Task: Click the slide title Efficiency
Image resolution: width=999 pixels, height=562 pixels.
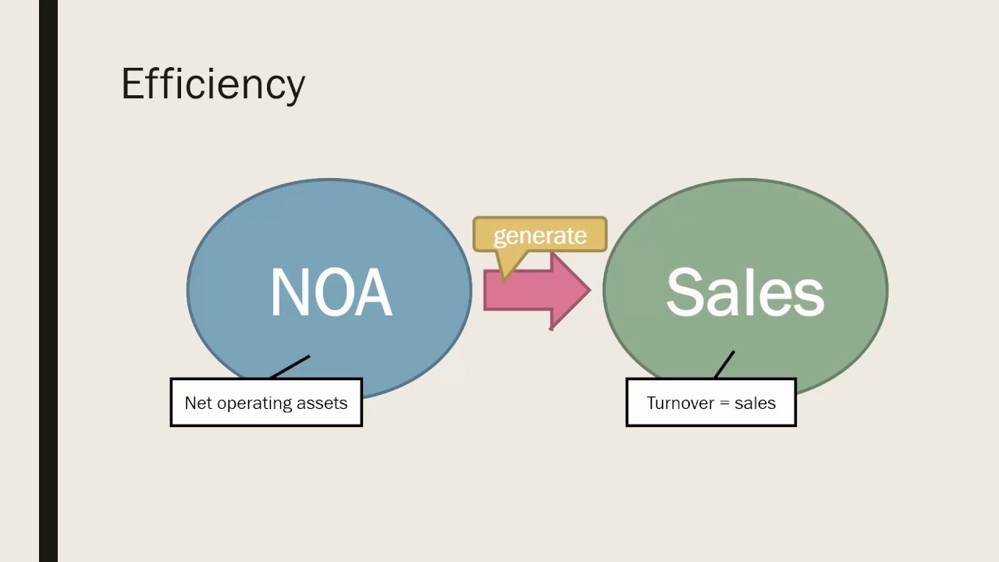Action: tap(212, 84)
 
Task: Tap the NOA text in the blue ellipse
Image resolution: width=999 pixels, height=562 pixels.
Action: tap(331, 293)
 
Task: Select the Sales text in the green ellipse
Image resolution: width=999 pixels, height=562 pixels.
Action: tap(745, 293)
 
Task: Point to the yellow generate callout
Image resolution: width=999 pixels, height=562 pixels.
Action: tap(539, 235)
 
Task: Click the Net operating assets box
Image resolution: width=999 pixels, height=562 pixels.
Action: tap(266, 403)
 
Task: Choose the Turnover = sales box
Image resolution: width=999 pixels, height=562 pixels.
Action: tap(711, 403)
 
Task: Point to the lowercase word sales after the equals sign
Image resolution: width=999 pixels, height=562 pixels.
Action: tap(755, 403)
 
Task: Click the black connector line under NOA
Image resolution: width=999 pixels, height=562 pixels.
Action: tap(290, 367)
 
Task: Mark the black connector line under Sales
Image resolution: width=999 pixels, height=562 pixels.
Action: tap(724, 364)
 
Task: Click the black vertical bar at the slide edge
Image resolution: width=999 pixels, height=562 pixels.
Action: tap(48, 281)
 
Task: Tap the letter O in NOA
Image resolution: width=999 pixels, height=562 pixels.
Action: tap(330, 293)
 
